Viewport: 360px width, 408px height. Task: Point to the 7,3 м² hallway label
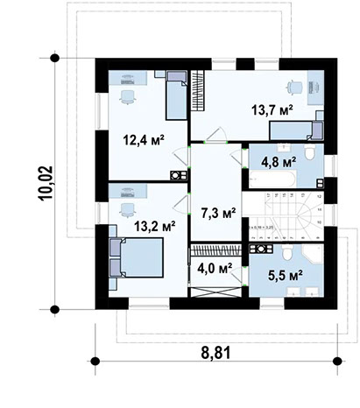tap(217, 212)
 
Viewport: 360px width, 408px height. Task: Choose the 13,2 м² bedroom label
tap(153, 224)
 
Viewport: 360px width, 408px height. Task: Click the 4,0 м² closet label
tap(213, 268)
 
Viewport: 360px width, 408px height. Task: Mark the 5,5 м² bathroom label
tap(283, 274)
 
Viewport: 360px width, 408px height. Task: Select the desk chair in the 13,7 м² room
tap(293, 88)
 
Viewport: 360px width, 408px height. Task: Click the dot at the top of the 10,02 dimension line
tap(55, 58)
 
